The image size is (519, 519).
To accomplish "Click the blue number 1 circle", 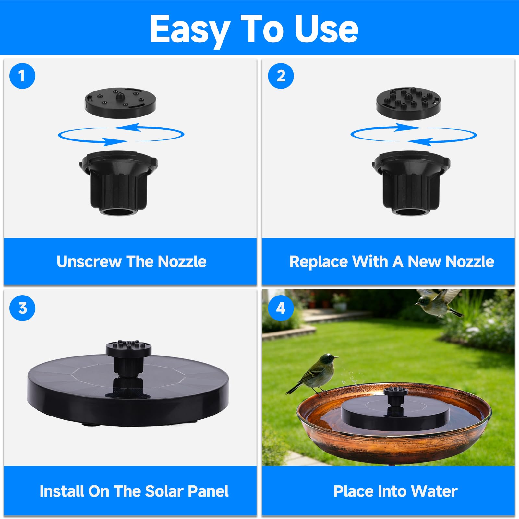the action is pos(22,76).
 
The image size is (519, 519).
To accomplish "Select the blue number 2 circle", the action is pos(281,76).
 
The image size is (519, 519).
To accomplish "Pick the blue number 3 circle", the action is pos(22,308).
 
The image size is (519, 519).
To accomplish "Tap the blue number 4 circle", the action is pos(281,308).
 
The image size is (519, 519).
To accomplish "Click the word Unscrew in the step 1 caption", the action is pos(89,261).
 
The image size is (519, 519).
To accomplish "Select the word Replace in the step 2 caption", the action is pos(319,262).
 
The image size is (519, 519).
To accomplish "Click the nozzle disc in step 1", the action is pos(120,102).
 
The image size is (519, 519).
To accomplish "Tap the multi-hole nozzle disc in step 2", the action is pos(408,103).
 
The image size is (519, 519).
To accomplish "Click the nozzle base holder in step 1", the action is pos(119,182).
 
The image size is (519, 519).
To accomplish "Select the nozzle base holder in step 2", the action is pos(411,182).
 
